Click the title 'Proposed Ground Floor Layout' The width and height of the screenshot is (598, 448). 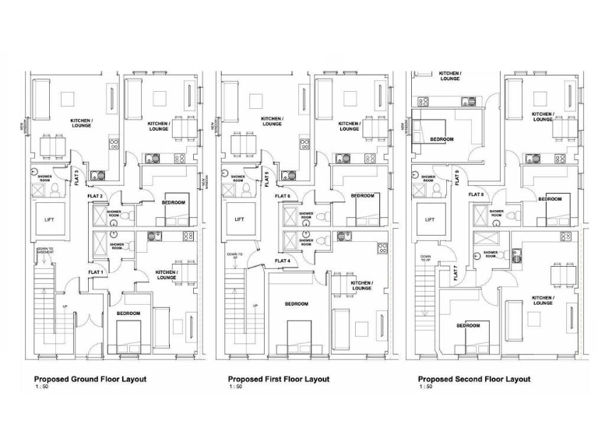click(x=90, y=379)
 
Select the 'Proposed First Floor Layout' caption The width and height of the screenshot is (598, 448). click(x=278, y=379)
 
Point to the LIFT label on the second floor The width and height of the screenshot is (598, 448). click(x=428, y=220)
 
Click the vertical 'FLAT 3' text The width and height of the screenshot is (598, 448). click(x=76, y=177)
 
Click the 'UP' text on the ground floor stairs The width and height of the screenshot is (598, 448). click(x=65, y=306)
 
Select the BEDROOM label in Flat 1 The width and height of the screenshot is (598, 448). click(x=128, y=313)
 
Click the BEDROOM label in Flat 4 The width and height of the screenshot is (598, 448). click(x=297, y=303)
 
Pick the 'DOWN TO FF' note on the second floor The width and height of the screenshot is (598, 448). click(x=426, y=259)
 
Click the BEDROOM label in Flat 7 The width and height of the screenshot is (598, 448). click(x=467, y=326)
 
